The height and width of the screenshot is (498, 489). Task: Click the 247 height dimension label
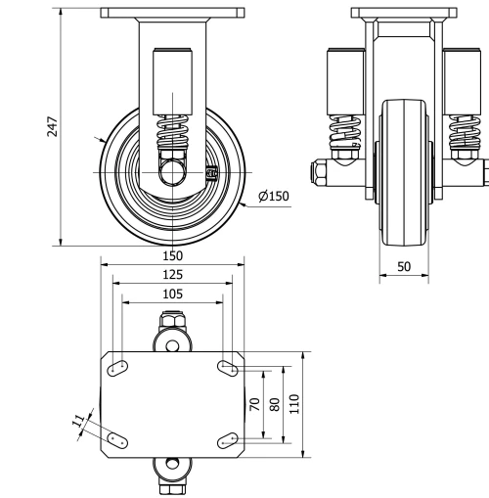pyautogui.click(x=53, y=127)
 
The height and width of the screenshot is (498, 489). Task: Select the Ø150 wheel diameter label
pyautogui.click(x=274, y=197)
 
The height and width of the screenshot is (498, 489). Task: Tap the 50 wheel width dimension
pyautogui.click(x=403, y=265)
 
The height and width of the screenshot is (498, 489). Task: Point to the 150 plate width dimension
pyautogui.click(x=172, y=255)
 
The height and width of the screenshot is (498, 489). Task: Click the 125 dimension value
pyautogui.click(x=172, y=275)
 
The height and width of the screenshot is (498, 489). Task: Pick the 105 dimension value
pyautogui.click(x=172, y=294)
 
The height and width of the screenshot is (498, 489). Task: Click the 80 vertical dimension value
pyautogui.click(x=275, y=405)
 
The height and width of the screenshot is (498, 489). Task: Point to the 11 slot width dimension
pyautogui.click(x=78, y=422)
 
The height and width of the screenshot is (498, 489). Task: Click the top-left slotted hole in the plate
pyautogui.click(x=116, y=368)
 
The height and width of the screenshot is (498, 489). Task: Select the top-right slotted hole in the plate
pyautogui.click(x=228, y=368)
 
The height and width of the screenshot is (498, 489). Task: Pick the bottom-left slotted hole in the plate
pyautogui.click(x=116, y=439)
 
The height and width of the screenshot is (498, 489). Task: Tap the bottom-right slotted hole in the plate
pyautogui.click(x=228, y=439)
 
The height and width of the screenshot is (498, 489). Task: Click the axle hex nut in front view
pyautogui.click(x=320, y=175)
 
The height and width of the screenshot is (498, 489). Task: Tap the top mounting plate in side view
pyautogui.click(x=172, y=15)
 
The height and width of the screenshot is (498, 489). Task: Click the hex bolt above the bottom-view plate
pyautogui.click(x=172, y=323)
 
